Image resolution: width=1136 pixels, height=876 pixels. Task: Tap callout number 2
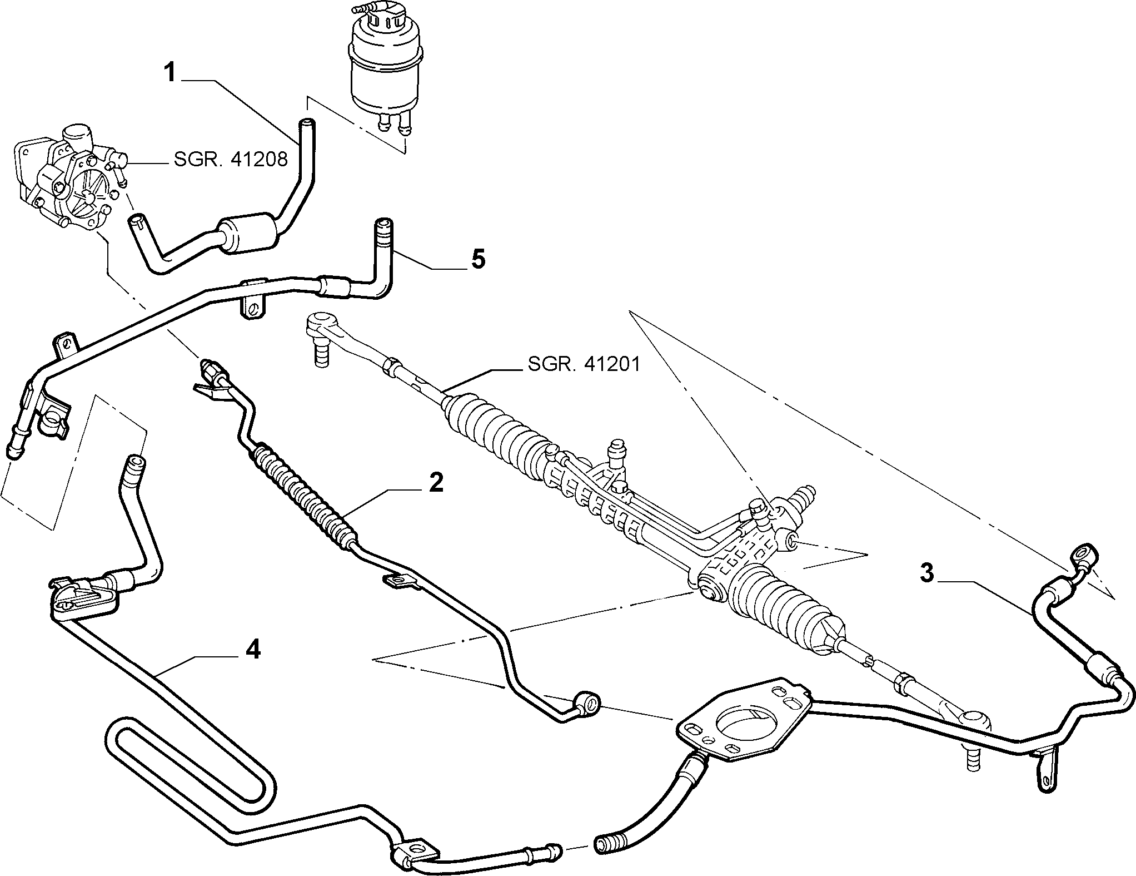point(436,482)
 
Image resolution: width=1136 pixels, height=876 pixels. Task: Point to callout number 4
point(253,649)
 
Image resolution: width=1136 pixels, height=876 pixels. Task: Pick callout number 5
point(477,260)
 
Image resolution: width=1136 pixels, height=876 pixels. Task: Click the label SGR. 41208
point(231,160)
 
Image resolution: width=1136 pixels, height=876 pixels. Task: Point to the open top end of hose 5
point(382,225)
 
